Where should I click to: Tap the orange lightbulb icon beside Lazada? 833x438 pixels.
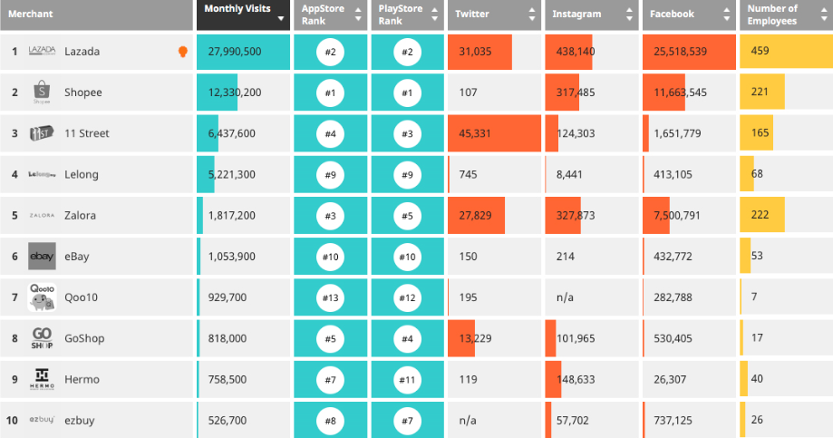[183, 52]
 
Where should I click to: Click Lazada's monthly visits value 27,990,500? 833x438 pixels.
[235, 52]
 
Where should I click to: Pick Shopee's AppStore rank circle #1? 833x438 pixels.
[330, 92]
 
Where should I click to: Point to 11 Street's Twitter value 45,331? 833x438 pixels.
[474, 133]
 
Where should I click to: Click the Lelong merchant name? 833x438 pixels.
[82, 174]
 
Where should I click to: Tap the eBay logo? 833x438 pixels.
[43, 257]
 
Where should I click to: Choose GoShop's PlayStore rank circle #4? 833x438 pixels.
[408, 338]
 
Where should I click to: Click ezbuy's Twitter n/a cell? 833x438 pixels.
[468, 421]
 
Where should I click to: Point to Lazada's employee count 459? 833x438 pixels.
[760, 51]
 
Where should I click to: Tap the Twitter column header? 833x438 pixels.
[472, 15]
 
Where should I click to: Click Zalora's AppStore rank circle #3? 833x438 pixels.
[330, 216]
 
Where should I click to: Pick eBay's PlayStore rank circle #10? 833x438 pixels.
[408, 257]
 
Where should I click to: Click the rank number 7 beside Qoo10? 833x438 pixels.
[15, 297]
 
